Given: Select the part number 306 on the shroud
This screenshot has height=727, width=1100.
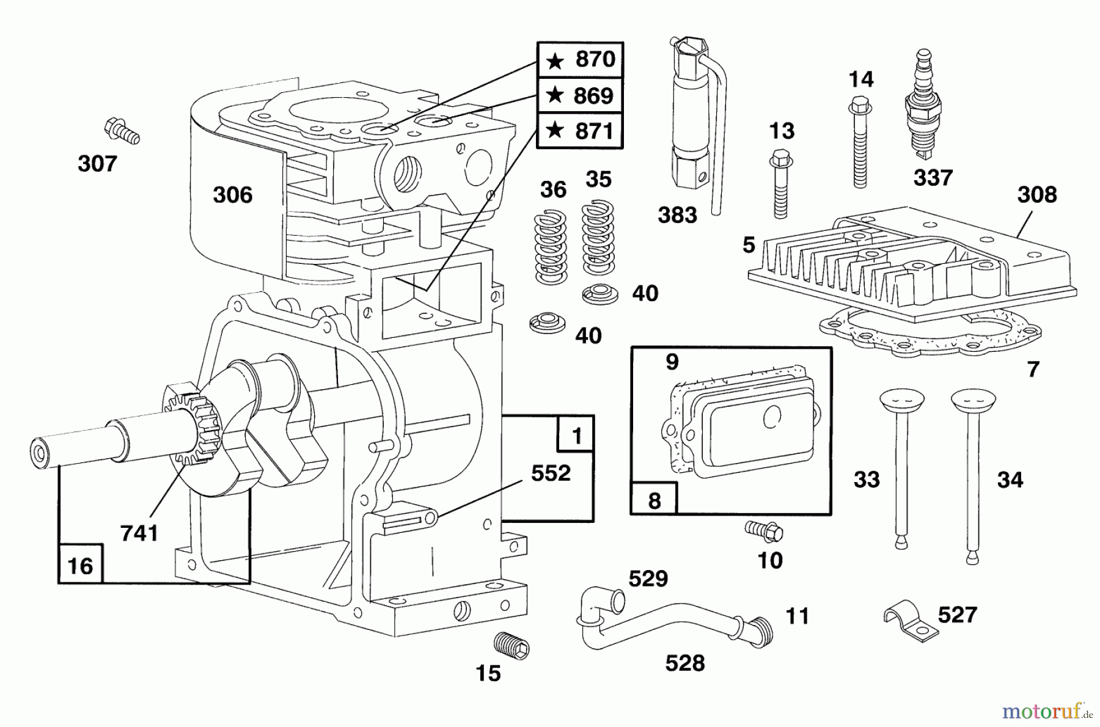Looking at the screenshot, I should [232, 195].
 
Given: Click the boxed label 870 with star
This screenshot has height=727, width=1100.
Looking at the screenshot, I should [580, 60].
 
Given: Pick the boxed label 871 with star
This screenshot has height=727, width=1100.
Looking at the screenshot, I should [580, 131].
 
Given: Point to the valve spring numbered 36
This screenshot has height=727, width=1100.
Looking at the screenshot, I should [551, 247].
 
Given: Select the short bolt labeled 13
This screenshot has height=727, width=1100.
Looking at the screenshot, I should [780, 183].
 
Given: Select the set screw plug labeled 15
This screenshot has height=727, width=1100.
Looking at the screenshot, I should [512, 646].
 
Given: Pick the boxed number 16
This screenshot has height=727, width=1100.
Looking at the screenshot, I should [80, 565].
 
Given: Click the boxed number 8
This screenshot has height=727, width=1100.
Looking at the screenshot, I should [654, 500].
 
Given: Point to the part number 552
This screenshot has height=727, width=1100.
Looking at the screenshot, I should [550, 473].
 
